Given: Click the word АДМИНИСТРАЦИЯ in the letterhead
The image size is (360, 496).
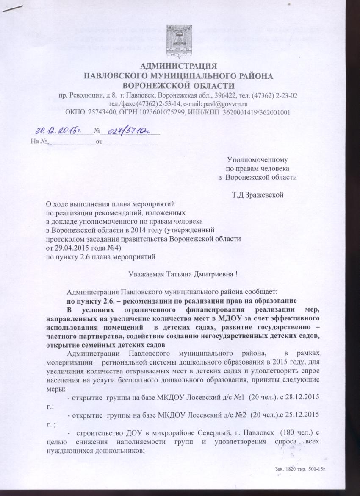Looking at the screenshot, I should point(178,66).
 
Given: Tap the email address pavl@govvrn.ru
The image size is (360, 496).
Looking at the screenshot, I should point(227,103).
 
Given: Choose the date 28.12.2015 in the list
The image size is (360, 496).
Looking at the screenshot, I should point(301,398).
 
